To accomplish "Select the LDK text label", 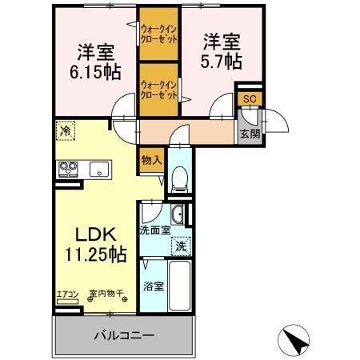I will click(x=97, y=236).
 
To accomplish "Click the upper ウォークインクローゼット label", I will click(x=159, y=34).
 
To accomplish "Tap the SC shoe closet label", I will click(x=249, y=98).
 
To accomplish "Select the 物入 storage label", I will click(x=151, y=159).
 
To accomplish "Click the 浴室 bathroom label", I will click(x=154, y=286).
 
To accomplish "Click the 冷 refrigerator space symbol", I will click(x=65, y=130).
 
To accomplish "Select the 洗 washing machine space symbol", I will click(x=182, y=246).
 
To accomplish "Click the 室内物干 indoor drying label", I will click(x=106, y=294).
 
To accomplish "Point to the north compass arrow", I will click(x=295, y=339).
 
